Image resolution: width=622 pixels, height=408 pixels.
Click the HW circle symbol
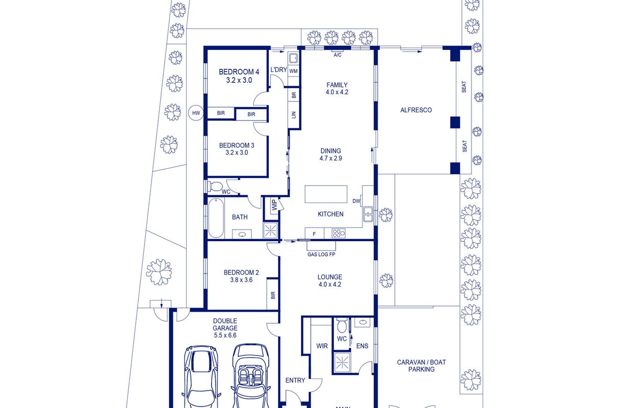[x=196, y=113]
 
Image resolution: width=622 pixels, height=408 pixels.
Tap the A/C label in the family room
[x=337, y=55]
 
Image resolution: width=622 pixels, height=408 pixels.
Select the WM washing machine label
[x=293, y=71]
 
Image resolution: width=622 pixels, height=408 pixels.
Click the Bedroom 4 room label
[x=239, y=72]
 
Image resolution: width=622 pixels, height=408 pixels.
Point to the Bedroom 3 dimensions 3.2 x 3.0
[x=237, y=152]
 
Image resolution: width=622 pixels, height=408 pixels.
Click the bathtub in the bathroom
[x=216, y=218]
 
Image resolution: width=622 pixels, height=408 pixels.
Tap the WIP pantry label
[x=274, y=205]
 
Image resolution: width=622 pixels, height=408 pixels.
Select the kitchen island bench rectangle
[x=326, y=194]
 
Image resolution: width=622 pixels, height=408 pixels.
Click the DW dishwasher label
[x=356, y=201]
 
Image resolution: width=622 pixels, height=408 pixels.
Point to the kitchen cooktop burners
[x=338, y=233]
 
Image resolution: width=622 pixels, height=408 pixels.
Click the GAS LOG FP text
[x=321, y=254]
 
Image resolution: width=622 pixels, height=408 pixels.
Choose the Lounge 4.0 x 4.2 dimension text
[x=330, y=284]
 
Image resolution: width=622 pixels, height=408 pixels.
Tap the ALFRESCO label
[x=416, y=110]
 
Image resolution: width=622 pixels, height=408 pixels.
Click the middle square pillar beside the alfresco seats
[x=455, y=122]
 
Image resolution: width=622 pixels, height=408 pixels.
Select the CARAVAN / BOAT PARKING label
[x=421, y=366]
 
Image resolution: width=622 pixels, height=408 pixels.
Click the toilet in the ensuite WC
[x=341, y=326]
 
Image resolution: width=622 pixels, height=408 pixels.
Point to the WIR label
[x=322, y=346]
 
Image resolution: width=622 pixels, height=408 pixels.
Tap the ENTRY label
[x=295, y=380]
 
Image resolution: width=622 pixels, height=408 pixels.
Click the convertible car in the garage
[x=250, y=376]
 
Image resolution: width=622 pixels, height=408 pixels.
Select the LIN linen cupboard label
[x=294, y=115]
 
